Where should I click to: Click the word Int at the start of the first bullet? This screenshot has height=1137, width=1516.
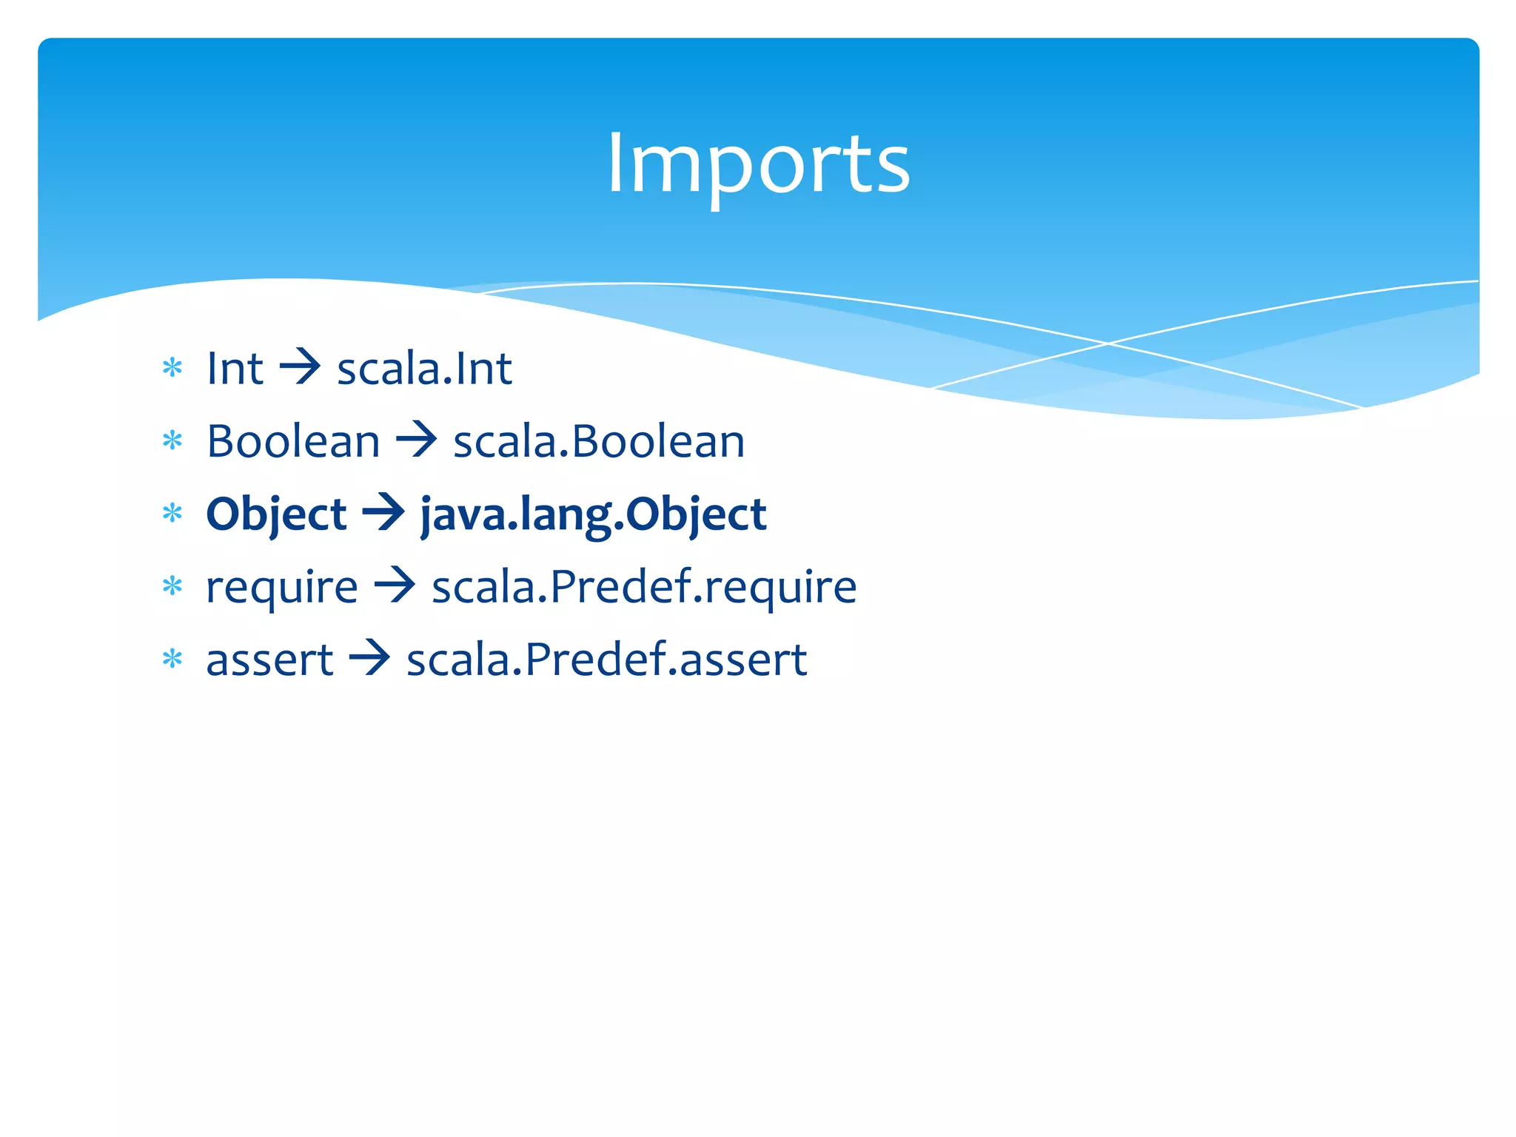click(x=235, y=368)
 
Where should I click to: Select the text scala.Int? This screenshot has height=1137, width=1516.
click(x=424, y=368)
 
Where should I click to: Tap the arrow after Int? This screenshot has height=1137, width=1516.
click(x=300, y=368)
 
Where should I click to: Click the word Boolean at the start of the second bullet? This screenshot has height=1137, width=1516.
click(x=293, y=441)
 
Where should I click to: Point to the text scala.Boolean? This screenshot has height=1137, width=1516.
click(x=599, y=441)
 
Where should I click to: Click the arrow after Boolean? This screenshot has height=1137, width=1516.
click(x=417, y=440)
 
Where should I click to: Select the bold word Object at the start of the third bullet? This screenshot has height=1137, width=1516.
click(x=276, y=514)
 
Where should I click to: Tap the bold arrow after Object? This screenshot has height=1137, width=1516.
click(x=383, y=513)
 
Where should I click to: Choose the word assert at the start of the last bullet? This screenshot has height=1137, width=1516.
click(x=269, y=660)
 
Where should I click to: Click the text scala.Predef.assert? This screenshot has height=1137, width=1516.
click(x=607, y=660)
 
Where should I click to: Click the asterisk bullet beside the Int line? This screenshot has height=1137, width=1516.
click(x=172, y=368)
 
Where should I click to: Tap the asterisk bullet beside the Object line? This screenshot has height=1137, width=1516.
click(x=172, y=514)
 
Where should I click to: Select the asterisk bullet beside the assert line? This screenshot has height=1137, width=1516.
click(x=172, y=659)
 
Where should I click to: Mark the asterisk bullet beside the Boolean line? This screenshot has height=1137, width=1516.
click(x=172, y=441)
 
